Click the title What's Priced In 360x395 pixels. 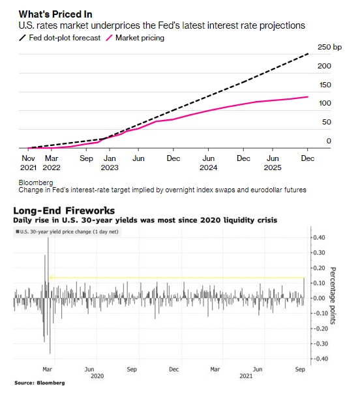(x=55, y=14)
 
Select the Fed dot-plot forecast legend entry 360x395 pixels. (x=60, y=38)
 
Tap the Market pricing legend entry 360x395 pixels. (x=135, y=38)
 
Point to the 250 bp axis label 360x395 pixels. (x=329, y=47)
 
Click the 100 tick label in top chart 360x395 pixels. (x=325, y=103)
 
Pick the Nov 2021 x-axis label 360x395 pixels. (x=28, y=163)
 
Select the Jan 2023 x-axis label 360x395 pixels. (x=110, y=163)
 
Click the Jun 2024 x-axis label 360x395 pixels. (x=209, y=163)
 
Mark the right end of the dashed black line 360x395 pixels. (x=308, y=53)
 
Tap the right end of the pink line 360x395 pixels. (x=308, y=96)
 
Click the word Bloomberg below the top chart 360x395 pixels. (x=36, y=183)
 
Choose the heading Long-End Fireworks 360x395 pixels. (x=64, y=211)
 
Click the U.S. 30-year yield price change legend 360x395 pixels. (x=67, y=232)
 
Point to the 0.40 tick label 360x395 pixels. (x=319, y=237)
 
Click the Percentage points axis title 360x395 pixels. (x=333, y=296)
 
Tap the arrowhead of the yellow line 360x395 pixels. (x=51, y=278)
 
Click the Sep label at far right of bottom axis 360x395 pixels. (x=300, y=370)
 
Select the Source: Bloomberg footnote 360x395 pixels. (x=40, y=383)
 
